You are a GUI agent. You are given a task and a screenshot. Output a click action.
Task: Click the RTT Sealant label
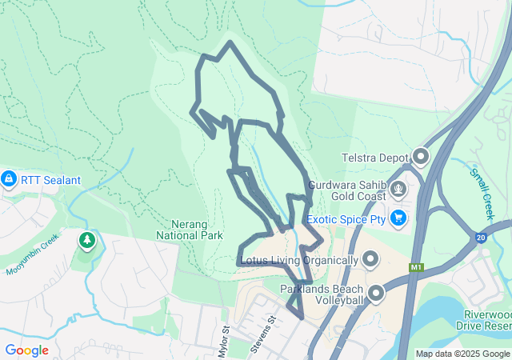click(51, 180)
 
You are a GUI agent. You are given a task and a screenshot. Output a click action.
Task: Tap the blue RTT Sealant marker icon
click(9, 179)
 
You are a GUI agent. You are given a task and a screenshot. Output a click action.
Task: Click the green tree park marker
click(86, 240)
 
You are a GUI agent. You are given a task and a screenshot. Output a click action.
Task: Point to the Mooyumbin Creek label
click(33, 254)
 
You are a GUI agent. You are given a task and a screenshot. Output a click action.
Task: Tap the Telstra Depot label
click(374, 158)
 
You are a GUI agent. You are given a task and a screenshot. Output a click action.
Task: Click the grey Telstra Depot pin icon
click(422, 157)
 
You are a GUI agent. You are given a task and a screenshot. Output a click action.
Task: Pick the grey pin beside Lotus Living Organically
click(370, 259)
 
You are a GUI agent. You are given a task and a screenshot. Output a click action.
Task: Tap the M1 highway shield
click(415, 267)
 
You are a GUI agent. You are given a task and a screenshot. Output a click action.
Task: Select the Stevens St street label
click(263, 331)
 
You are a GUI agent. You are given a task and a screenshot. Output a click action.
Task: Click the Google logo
click(27, 350)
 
